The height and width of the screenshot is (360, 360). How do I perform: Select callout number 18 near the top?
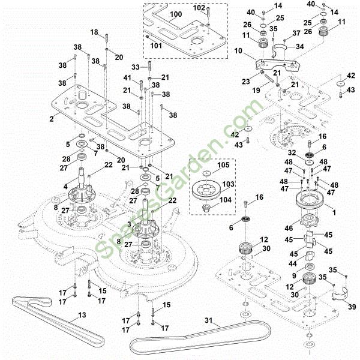[x=94, y=32]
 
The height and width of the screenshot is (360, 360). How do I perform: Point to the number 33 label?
[x=136, y=67]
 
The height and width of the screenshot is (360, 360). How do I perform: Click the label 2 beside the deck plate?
[x=52, y=119]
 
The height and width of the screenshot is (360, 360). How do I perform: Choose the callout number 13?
[x=82, y=314]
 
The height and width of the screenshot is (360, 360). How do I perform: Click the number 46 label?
[x=289, y=229]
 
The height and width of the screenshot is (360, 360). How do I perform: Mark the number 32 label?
[x=293, y=154]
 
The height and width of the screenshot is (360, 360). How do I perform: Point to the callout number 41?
[x=127, y=78]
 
